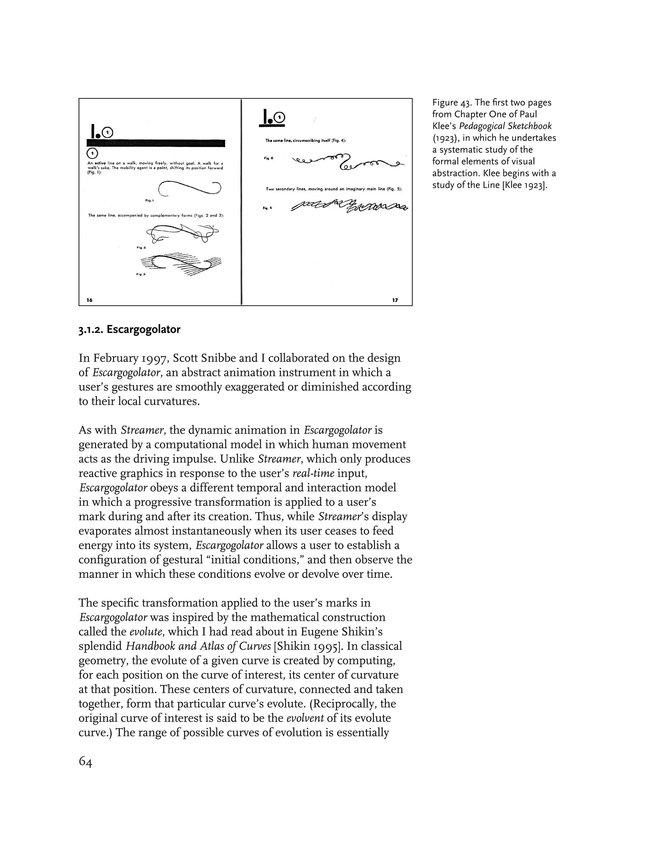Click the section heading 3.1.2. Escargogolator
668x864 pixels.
(x=129, y=330)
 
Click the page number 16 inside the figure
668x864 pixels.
(x=89, y=300)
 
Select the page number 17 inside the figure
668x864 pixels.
(x=395, y=300)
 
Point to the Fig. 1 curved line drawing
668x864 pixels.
(x=189, y=188)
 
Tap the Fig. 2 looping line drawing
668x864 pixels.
(x=182, y=233)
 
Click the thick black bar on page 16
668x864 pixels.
(x=156, y=143)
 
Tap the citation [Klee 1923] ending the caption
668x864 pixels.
(x=524, y=185)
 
